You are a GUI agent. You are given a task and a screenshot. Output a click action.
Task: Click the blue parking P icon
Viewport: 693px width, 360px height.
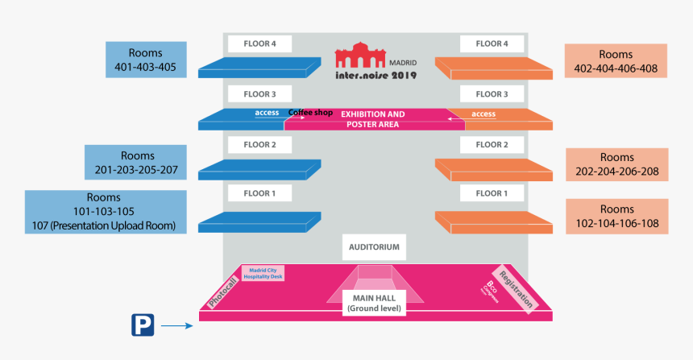142,325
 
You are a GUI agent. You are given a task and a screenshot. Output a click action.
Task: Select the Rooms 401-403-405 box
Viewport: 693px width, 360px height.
146,60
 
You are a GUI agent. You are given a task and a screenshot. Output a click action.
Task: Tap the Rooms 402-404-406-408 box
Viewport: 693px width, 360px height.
616,61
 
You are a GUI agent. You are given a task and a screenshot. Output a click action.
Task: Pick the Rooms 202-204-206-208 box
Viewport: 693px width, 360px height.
616,165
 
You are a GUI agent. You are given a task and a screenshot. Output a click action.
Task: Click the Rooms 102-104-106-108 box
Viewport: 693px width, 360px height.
616,216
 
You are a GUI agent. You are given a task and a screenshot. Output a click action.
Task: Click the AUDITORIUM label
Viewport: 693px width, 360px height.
373,247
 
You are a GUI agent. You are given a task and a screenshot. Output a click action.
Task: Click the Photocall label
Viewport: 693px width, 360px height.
224,288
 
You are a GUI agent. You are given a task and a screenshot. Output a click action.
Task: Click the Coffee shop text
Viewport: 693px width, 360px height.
311,113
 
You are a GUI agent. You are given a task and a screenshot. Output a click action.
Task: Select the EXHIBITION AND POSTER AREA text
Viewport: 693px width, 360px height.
373,119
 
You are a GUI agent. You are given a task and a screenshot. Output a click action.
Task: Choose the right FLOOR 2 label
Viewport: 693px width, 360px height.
492,145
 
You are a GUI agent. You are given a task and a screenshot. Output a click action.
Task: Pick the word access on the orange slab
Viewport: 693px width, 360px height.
483,114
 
